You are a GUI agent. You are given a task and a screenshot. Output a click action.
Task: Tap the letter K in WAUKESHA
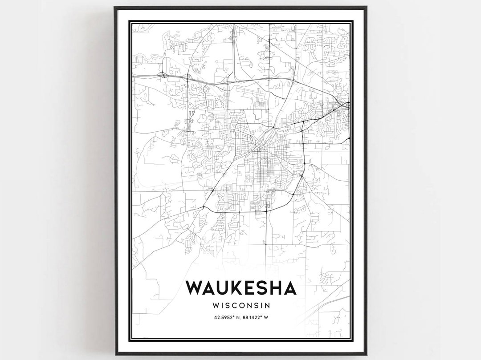[x=235, y=288]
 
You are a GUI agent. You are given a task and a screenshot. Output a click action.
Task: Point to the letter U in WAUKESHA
[x=221, y=288]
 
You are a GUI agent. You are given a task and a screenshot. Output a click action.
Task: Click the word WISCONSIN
[x=241, y=306]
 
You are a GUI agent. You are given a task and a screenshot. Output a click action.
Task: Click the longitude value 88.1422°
[x=256, y=317]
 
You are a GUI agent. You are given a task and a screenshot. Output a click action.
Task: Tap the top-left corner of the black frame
[x=115, y=8]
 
